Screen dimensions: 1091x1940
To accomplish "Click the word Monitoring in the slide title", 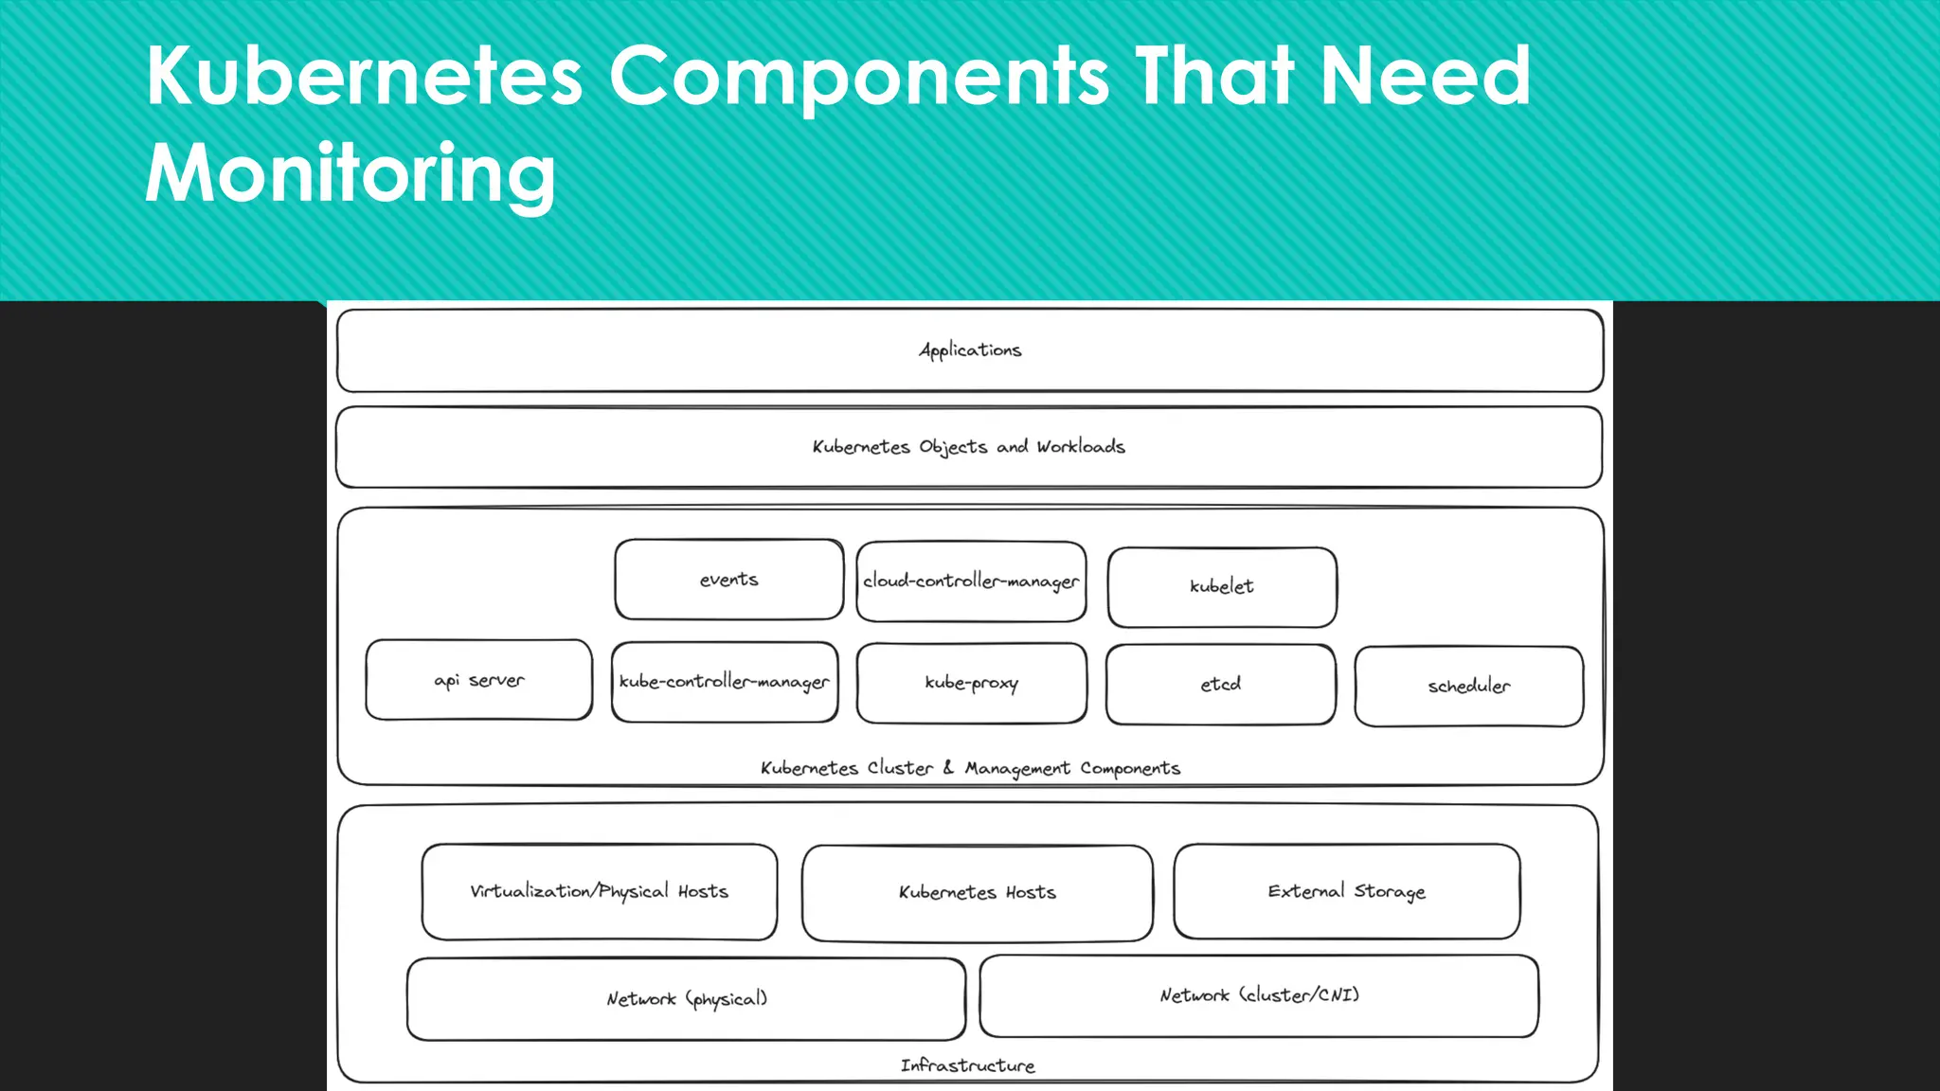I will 350,173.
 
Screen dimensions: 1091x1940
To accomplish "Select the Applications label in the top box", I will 970,350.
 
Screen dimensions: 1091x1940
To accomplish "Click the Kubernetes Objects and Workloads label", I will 968,447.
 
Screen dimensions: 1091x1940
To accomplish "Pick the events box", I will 728,580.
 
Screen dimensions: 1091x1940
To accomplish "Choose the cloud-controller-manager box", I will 971,581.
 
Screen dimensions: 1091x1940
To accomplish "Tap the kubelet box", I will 1222,587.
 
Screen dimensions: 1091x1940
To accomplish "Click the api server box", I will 479,680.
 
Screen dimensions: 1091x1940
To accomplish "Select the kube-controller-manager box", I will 725,682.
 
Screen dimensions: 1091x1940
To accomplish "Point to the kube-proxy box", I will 972,683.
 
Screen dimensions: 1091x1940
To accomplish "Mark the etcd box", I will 1221,684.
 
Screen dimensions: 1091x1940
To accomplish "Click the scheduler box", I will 1469,687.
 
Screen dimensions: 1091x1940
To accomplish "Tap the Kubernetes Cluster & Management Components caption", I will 970,768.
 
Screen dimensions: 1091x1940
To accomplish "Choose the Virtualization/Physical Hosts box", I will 600,891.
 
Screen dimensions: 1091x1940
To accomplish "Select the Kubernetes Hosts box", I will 978,893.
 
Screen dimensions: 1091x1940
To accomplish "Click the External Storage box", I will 1347,891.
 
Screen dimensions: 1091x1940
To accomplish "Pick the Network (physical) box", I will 687,999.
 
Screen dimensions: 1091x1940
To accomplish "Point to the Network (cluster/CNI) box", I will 1259,995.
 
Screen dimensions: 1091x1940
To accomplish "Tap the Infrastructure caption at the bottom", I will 967,1065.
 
